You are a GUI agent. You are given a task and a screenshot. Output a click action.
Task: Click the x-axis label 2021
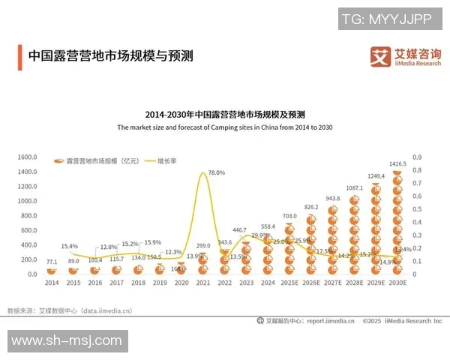[x=203, y=283]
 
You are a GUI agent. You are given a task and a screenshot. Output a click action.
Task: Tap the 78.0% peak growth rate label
[x=216, y=173]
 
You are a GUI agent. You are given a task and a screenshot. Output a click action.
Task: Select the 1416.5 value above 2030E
[x=398, y=163]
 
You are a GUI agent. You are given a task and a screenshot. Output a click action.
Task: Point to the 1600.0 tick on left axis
[x=27, y=157]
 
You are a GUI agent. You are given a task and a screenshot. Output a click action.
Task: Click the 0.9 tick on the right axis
[x=418, y=157]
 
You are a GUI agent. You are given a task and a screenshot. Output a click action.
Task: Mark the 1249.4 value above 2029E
[x=376, y=176]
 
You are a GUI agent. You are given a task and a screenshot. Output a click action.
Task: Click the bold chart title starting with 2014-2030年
[x=225, y=115]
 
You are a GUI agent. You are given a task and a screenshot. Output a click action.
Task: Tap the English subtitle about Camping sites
[x=225, y=128]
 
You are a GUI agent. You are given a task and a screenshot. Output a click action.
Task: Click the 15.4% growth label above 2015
[x=70, y=246]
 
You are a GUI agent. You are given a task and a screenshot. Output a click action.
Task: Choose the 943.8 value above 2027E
[x=333, y=199]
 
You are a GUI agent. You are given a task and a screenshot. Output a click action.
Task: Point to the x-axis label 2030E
[x=398, y=283]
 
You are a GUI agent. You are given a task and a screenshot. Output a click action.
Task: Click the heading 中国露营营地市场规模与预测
[x=110, y=56]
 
